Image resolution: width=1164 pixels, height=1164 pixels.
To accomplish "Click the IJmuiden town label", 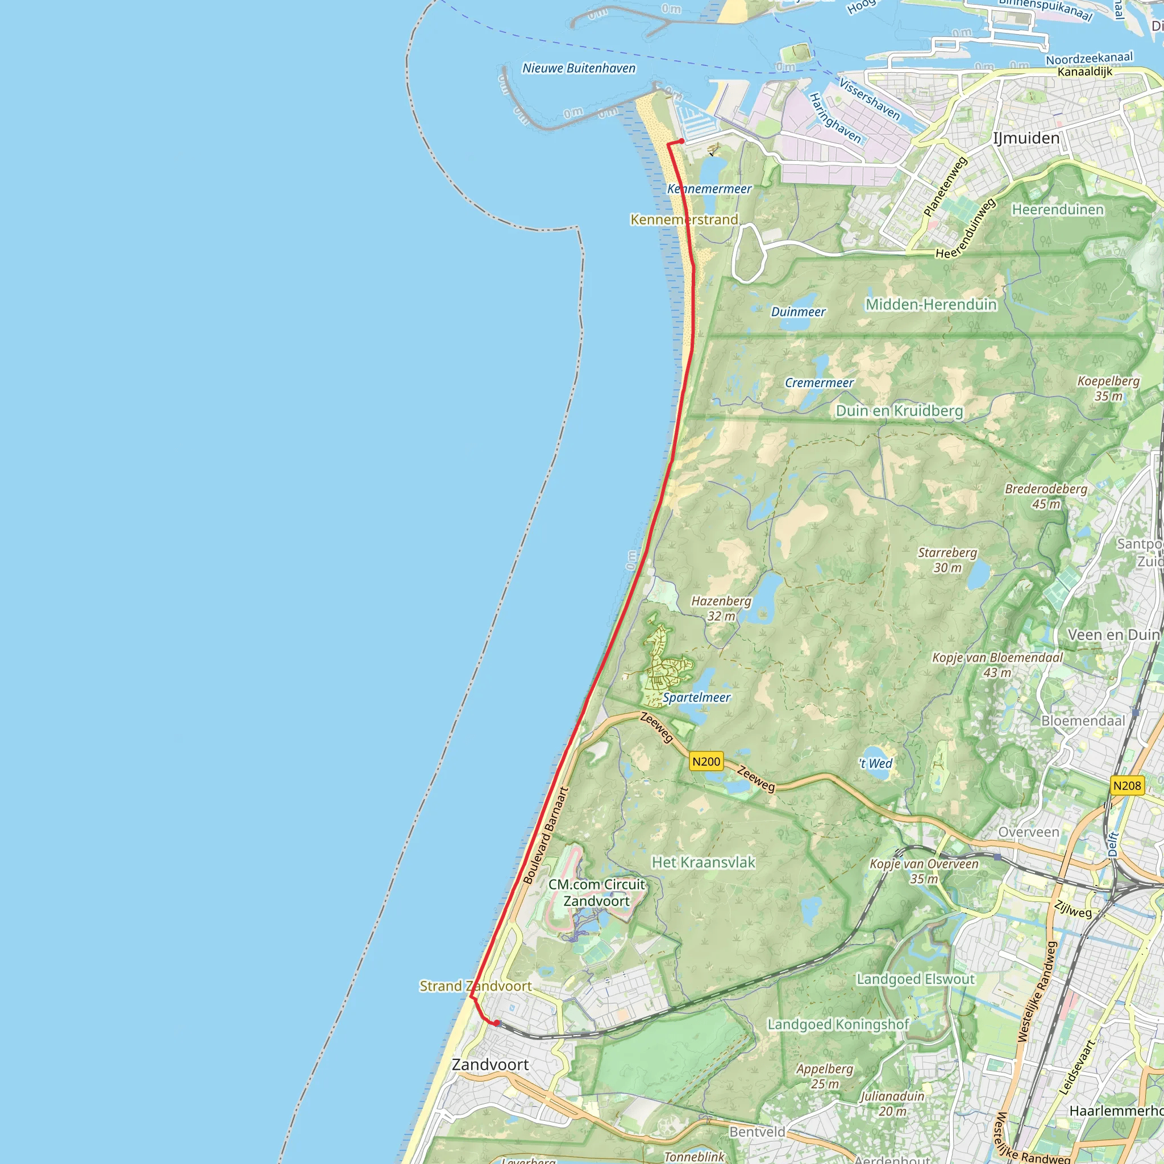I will [x=1026, y=139].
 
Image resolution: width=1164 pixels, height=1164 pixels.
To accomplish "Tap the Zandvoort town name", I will [x=490, y=1065].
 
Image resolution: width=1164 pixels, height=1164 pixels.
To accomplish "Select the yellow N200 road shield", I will [x=706, y=762].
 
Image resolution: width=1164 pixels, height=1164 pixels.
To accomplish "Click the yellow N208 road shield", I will [x=1126, y=785].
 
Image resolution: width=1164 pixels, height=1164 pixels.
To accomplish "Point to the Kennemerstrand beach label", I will [x=684, y=219].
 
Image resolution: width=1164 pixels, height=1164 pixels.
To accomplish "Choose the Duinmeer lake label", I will [x=799, y=311].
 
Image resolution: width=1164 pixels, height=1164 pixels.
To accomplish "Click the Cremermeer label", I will [x=819, y=383].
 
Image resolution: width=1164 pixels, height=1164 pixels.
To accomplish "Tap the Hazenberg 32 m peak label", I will [x=721, y=608].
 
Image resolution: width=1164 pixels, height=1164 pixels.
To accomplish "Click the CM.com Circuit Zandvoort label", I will [x=596, y=892].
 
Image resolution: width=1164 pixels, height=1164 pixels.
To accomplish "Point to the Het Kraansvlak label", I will [x=703, y=862].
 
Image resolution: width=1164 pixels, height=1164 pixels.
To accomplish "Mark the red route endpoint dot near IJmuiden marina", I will [x=681, y=141].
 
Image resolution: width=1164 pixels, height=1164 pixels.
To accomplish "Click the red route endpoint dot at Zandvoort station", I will [x=496, y=1022].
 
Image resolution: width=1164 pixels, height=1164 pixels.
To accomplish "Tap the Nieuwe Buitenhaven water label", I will [x=579, y=68].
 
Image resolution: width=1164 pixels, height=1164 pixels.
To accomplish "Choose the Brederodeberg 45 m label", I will [x=1046, y=496].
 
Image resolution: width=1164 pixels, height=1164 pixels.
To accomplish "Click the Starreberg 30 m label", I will [x=947, y=560].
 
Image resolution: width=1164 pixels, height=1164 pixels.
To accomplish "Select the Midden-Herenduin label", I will [x=931, y=304].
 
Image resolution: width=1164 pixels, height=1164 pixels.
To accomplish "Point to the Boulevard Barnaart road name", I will [x=545, y=835].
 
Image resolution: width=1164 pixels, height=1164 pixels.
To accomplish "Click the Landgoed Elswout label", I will [x=915, y=979].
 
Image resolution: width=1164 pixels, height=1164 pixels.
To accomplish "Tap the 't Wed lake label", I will [x=875, y=763].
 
